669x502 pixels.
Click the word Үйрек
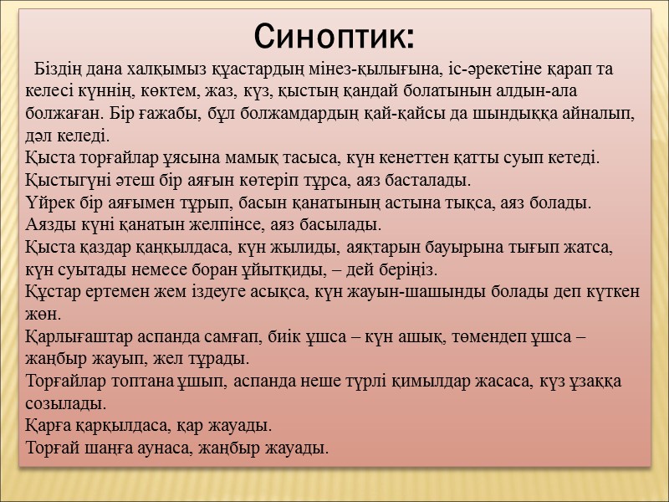[x=47, y=203]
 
